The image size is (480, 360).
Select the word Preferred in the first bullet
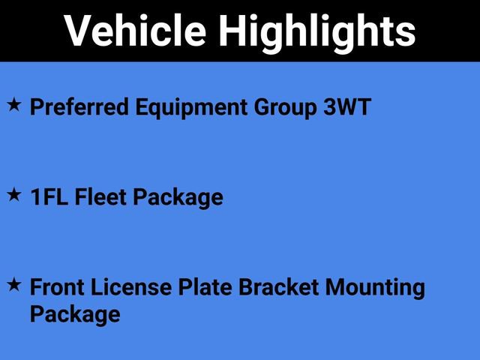pyautogui.click(x=79, y=107)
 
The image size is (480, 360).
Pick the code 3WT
pyautogui.click(x=346, y=107)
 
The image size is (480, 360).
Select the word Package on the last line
pyautogui.click(x=75, y=314)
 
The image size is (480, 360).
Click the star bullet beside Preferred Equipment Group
pyautogui.click(x=14, y=105)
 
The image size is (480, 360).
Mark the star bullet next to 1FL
pyautogui.click(x=14, y=194)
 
